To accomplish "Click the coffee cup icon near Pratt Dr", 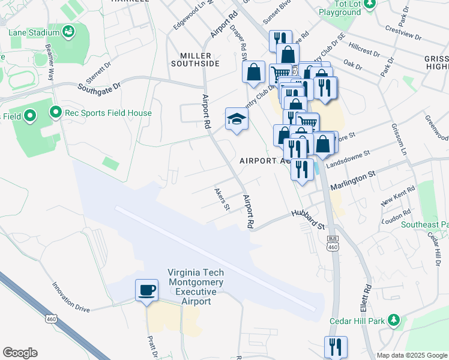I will pyautogui.click(x=146, y=291).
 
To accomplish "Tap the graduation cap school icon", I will pyautogui.click(x=237, y=119).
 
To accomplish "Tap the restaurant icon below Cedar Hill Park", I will pyautogui.click(x=336, y=347).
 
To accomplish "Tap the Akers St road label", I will pyautogui.click(x=222, y=199).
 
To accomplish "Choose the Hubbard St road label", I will pyautogui.click(x=308, y=219).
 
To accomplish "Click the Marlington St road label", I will pyautogui.click(x=354, y=175).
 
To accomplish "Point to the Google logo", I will pyautogui.click(x=20, y=353).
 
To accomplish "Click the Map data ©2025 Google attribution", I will pyautogui.click(x=411, y=355).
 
